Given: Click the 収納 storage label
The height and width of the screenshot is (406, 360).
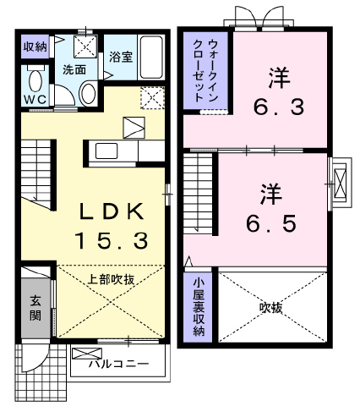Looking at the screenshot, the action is click(35, 47).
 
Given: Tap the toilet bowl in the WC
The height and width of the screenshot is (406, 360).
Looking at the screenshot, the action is click(35, 80).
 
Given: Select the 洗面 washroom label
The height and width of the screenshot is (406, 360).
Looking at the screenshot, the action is click(74, 69).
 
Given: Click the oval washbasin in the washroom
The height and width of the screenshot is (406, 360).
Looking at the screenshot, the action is click(88, 93).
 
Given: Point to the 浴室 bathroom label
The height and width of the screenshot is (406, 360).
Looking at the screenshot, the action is click(121, 58).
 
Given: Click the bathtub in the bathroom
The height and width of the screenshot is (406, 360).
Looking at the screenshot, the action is click(151, 58).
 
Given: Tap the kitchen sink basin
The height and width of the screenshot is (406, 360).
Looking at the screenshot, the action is click(106, 151).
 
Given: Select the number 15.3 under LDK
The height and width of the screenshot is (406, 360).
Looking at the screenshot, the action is click(112, 240).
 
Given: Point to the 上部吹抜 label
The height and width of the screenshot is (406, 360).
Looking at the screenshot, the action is click(111, 279).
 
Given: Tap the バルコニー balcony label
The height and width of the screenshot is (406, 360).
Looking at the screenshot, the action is click(118, 364).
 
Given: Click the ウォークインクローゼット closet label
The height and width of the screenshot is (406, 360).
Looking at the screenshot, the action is click(206, 71).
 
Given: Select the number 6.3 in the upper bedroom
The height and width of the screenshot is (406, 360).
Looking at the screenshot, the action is click(279, 107).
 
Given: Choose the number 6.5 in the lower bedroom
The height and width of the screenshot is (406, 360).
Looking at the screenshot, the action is click(271, 223).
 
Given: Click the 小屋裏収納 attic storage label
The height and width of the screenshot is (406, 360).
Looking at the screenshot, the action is click(199, 307).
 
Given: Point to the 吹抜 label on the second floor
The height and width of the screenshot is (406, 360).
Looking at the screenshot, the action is click(271, 308).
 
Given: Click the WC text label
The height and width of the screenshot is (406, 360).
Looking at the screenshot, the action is click(35, 99).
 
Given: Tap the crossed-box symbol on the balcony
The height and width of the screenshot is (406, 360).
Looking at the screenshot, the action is click(87, 354).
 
